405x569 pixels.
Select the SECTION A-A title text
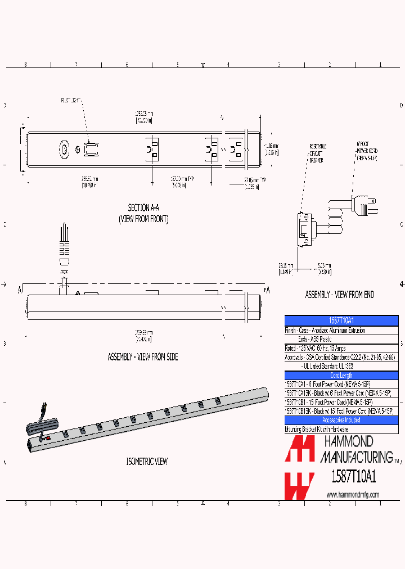click(x=143, y=207)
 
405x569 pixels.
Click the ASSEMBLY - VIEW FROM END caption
click(x=339, y=295)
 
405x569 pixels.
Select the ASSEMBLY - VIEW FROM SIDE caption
click(x=142, y=357)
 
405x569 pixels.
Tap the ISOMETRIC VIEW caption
click(x=146, y=462)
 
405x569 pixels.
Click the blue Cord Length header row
click(x=341, y=376)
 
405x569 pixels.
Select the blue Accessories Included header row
click(x=341, y=420)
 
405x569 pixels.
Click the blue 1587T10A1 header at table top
click(x=341, y=319)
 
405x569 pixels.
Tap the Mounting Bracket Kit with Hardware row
click(x=317, y=429)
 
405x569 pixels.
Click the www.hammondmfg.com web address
click(x=353, y=495)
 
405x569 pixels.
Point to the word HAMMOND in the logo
click(x=347, y=441)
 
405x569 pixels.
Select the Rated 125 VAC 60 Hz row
click(x=316, y=349)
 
